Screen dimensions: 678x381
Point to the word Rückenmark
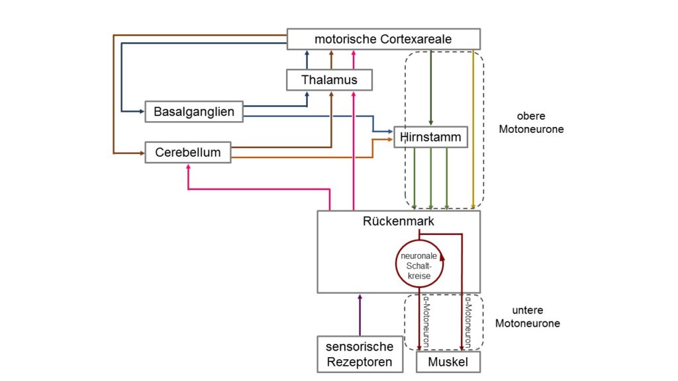coord(398,221)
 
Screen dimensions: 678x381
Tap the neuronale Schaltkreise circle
coord(396,264)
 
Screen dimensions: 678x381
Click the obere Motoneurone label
coord(531,122)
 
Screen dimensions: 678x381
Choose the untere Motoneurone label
coord(528,317)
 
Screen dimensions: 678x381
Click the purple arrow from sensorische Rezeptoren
coord(360,316)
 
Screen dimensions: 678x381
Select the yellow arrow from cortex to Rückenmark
coord(473,130)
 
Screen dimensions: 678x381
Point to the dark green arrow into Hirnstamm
coord(430,88)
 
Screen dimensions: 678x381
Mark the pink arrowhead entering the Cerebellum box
coord(188,167)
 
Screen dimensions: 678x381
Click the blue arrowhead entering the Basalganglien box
coord(142,111)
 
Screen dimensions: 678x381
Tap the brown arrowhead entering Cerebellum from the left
coord(142,153)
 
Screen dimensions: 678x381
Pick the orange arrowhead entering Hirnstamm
coord(390,140)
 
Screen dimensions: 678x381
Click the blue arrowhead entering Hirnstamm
coord(390,132)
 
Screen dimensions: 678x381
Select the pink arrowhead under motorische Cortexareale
coord(354,54)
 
